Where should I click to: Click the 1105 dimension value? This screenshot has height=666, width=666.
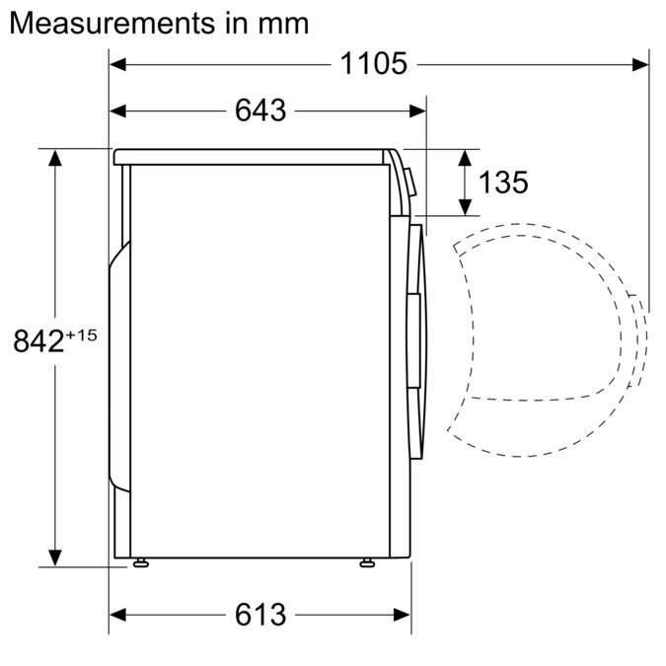point(374,64)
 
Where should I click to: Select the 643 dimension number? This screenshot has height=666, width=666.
point(260,111)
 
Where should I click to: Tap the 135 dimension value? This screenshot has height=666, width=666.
point(503,182)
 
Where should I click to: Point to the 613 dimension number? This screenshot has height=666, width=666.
point(260,615)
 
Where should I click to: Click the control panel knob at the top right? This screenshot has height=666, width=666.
point(410,180)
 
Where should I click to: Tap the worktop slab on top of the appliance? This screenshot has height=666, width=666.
point(252,156)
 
